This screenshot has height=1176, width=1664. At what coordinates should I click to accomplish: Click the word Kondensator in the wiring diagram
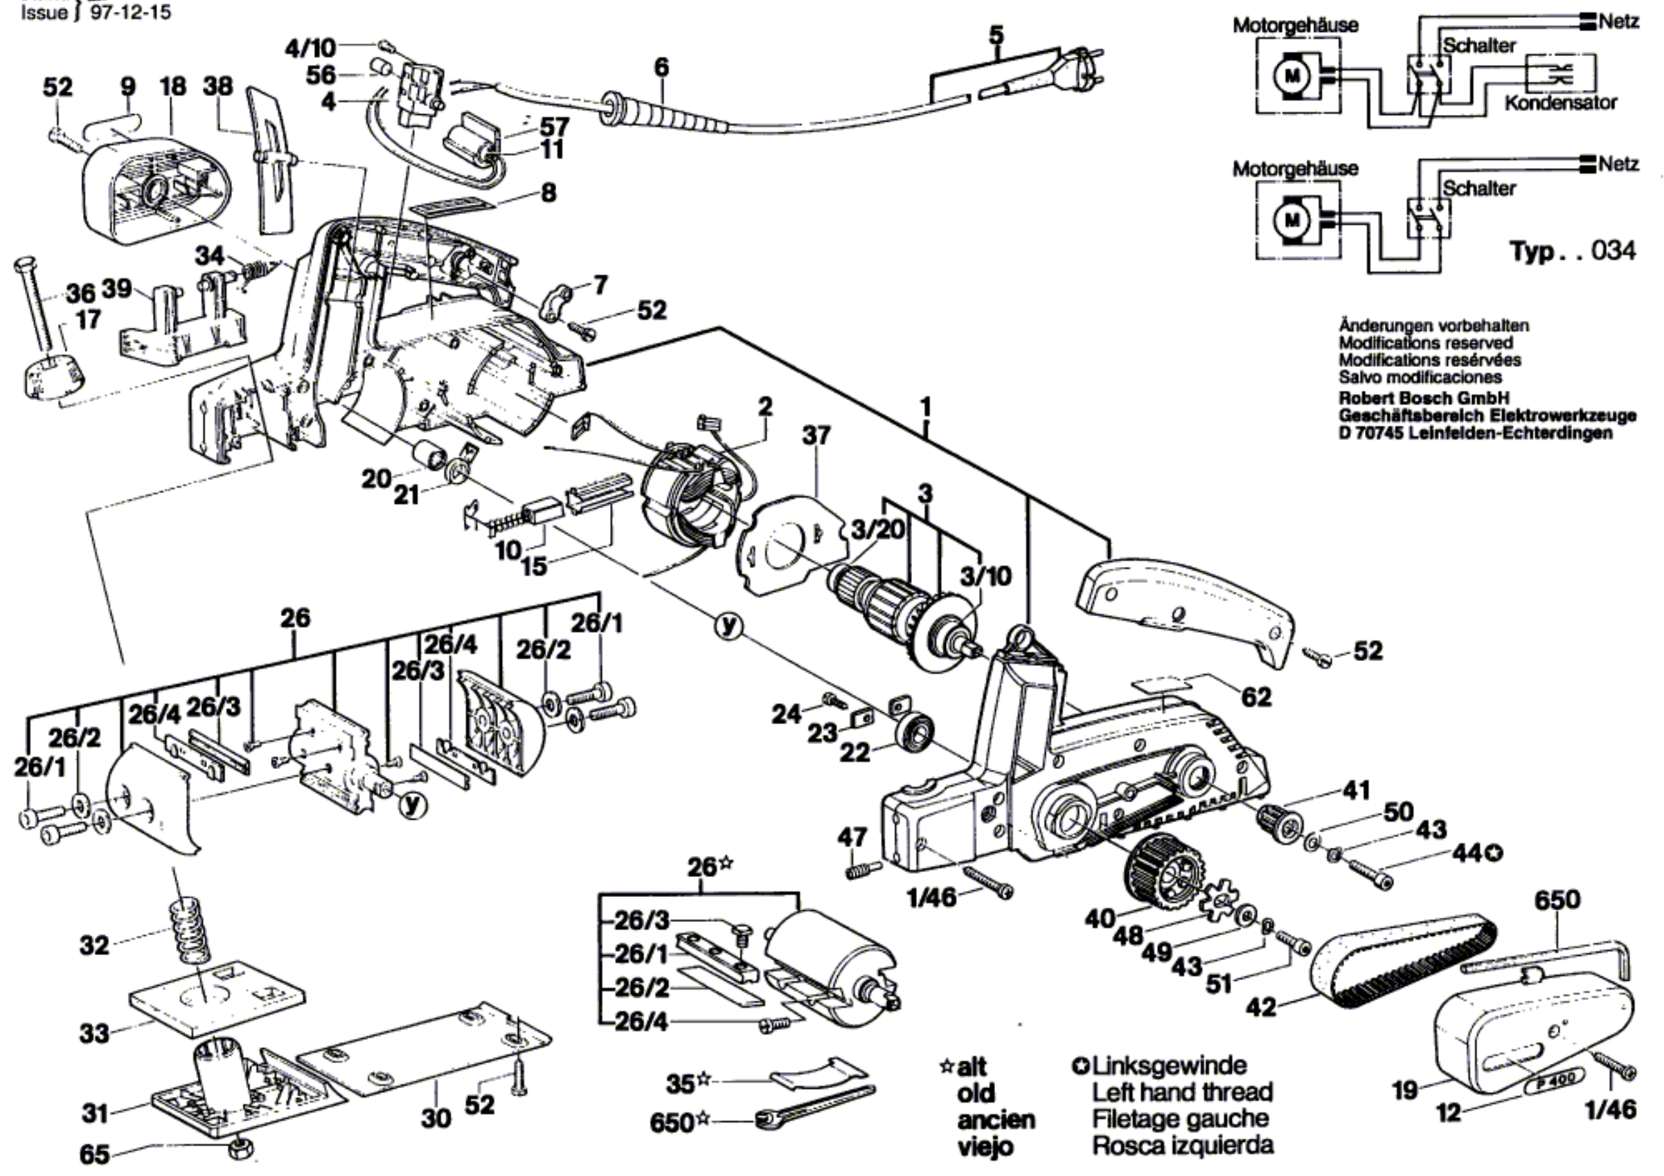[1561, 102]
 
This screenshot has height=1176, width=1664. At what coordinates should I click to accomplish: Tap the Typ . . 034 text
[1573, 251]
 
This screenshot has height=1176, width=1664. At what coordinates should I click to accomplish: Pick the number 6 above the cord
[661, 67]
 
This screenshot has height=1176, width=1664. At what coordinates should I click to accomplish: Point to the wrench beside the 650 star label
[813, 1105]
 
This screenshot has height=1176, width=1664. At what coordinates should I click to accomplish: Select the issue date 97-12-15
[131, 13]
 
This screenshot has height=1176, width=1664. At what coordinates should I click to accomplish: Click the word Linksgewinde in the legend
[1170, 1065]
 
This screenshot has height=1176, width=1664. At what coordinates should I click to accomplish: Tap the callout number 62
[1256, 696]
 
